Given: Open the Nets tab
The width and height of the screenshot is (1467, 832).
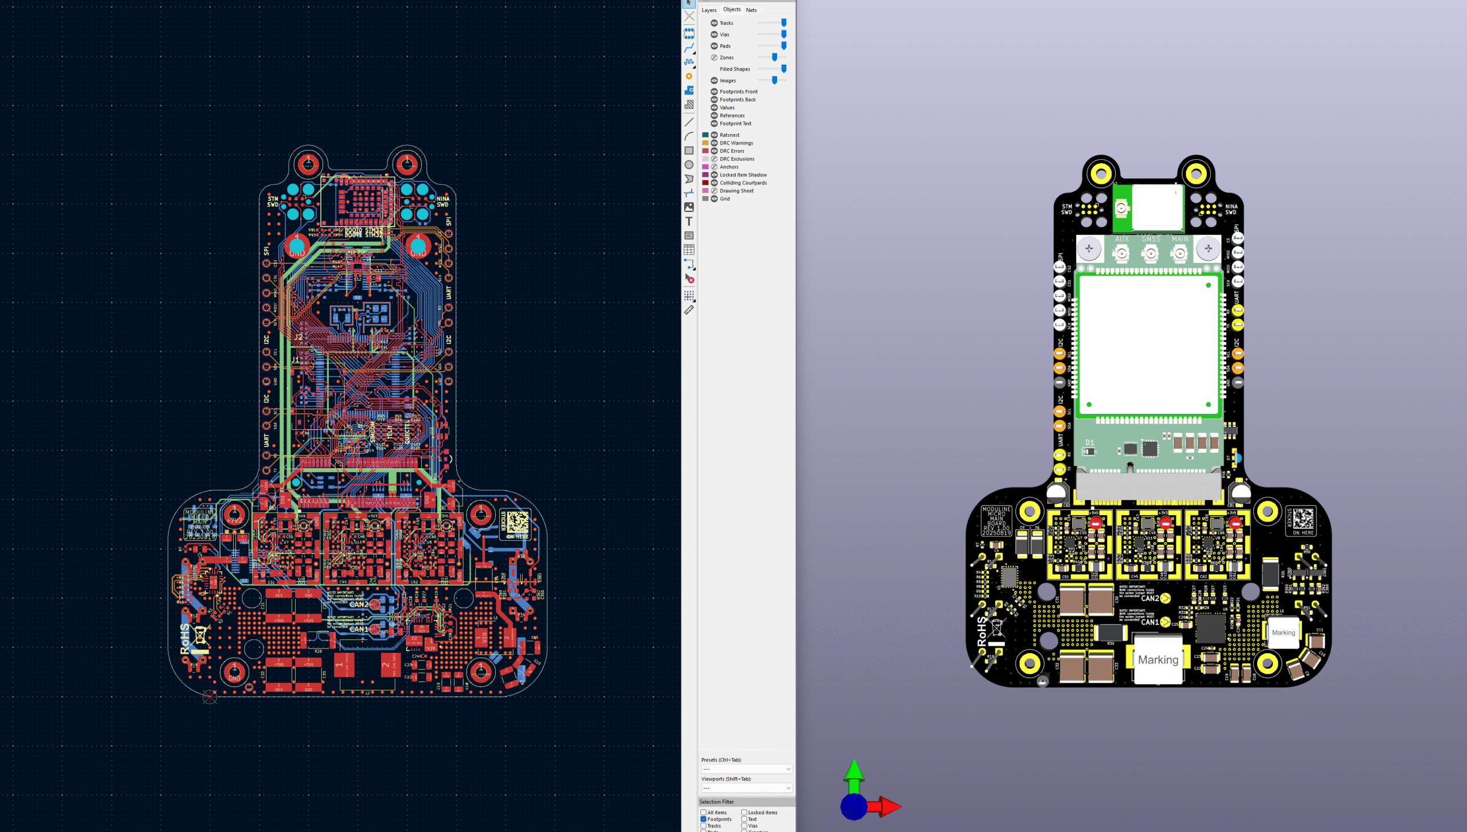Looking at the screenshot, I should [x=751, y=10].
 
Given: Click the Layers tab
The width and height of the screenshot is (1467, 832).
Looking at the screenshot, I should [x=709, y=10].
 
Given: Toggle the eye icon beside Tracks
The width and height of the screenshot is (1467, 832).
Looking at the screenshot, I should [x=714, y=23].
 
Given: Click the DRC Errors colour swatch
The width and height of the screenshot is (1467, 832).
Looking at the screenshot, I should [x=705, y=151].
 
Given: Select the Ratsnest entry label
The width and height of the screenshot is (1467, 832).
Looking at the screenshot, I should [x=729, y=135].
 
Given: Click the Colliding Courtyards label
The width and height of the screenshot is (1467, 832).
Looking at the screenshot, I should [x=743, y=183].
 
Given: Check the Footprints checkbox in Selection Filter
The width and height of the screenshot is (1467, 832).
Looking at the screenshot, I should [x=704, y=819].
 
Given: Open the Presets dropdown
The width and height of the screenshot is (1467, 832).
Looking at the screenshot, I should [x=746, y=769].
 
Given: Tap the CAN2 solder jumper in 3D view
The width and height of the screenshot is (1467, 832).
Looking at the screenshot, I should [x=1165, y=599].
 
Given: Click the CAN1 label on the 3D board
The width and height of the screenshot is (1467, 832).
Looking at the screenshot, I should [x=1149, y=622].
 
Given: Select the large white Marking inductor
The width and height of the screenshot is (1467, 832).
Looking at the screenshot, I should [x=1158, y=660].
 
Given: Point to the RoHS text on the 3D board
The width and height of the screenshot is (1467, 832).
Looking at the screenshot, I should [x=982, y=631].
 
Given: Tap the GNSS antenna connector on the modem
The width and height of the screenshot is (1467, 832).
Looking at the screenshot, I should [x=1150, y=253].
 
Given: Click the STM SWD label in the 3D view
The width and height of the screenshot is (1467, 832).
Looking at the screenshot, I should [x=1066, y=209].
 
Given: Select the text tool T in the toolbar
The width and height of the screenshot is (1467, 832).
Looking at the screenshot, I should [x=689, y=221].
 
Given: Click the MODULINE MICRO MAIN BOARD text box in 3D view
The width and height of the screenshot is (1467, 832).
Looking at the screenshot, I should [x=996, y=520].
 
